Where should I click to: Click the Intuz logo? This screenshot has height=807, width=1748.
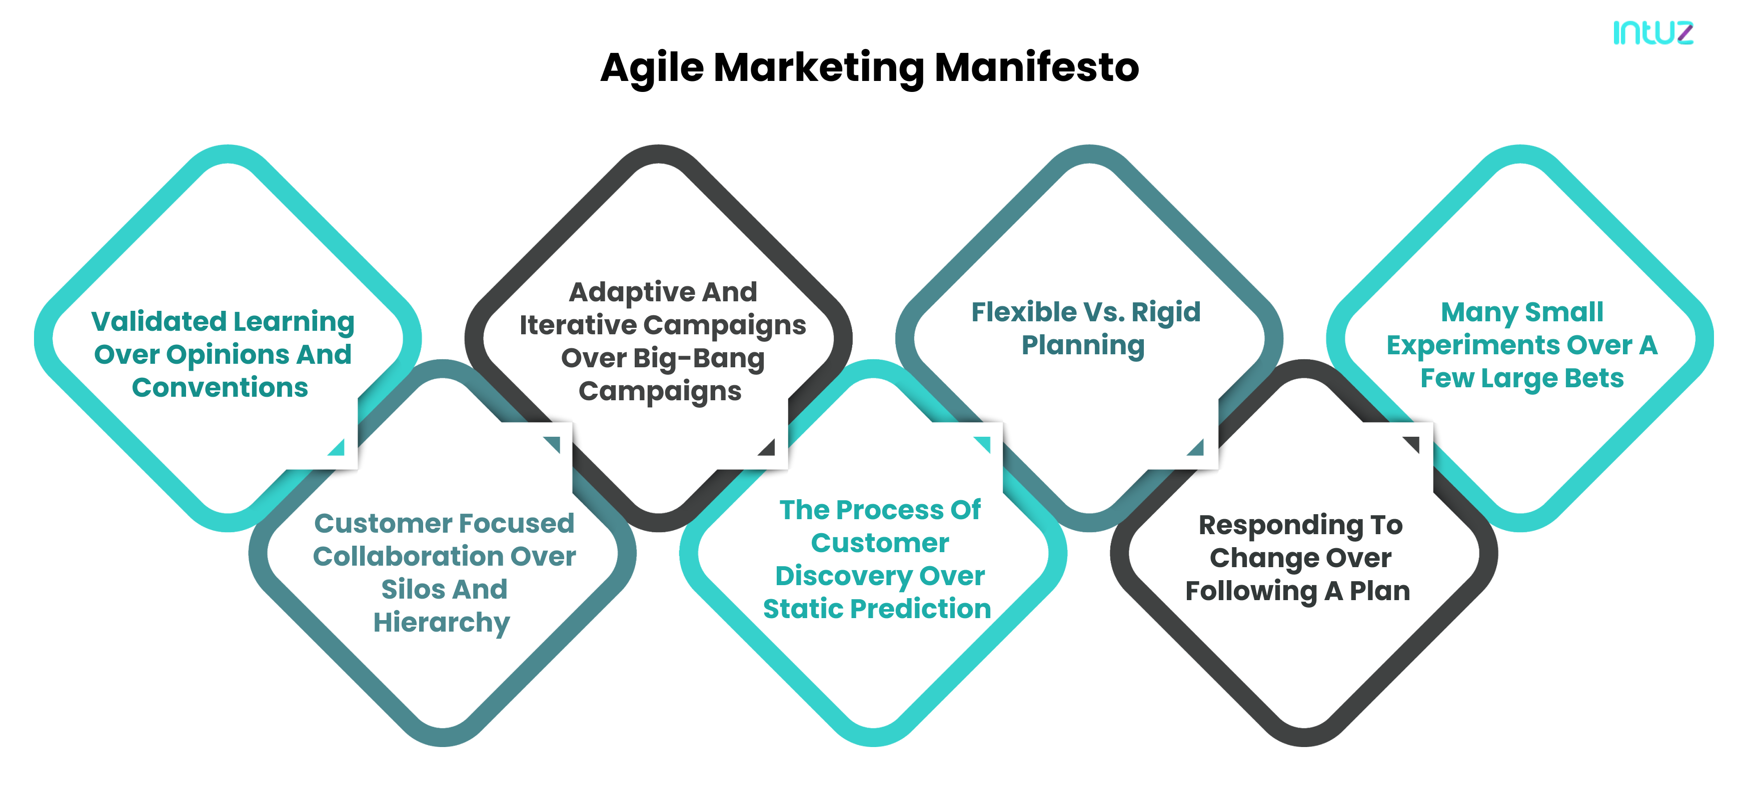tap(1652, 32)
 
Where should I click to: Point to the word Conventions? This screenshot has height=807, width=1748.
tap(220, 388)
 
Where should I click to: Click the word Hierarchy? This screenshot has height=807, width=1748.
tap(442, 623)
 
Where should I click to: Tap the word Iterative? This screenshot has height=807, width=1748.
tap(578, 325)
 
